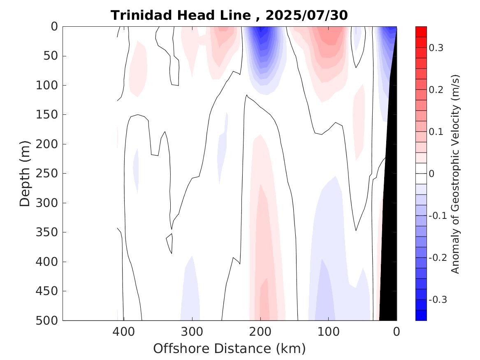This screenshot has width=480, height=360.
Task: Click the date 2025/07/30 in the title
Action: click(x=307, y=15)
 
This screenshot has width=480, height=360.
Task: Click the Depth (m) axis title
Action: click(x=25, y=173)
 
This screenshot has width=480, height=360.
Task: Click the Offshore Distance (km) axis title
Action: click(x=230, y=348)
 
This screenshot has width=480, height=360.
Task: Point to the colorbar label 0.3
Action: click(x=436, y=48)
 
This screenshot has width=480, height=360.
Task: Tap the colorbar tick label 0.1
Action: click(x=436, y=132)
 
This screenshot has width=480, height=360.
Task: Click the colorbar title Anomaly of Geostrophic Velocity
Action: click(x=455, y=174)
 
